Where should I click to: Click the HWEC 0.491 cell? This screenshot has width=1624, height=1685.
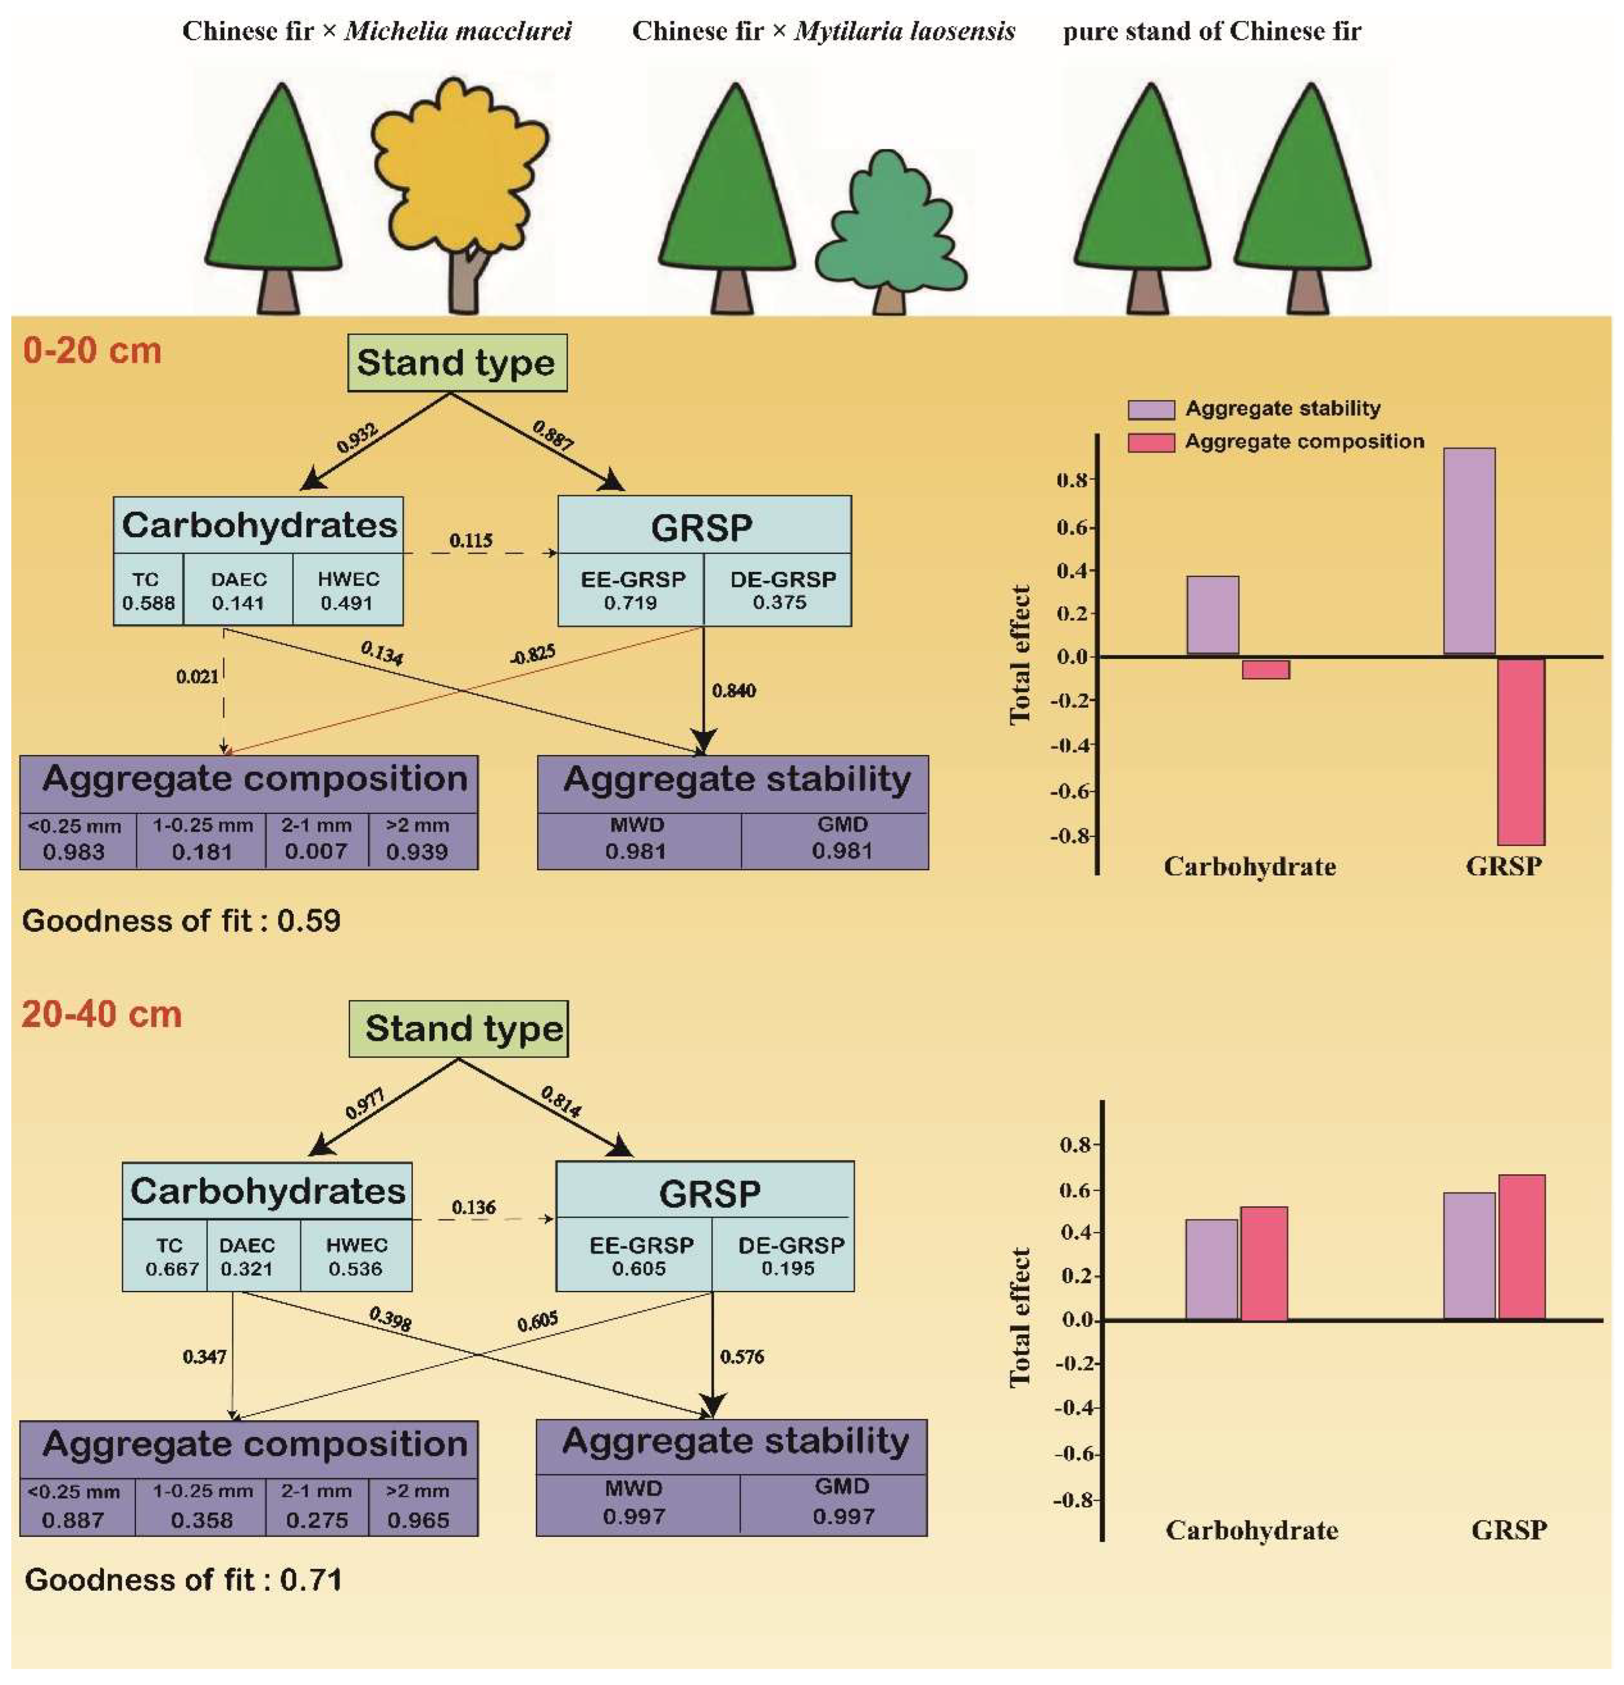348,591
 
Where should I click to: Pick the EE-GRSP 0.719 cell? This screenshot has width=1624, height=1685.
632,591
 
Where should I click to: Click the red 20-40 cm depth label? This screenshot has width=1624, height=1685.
102,1015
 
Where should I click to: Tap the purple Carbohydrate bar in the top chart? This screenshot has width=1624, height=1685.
1212,615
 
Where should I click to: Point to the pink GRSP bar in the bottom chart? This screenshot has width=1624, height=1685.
1521,1247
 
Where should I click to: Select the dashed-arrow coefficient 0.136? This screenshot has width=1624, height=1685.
474,1207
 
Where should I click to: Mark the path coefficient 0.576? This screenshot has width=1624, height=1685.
742,1357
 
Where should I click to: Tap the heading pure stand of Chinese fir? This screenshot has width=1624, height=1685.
1212,32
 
